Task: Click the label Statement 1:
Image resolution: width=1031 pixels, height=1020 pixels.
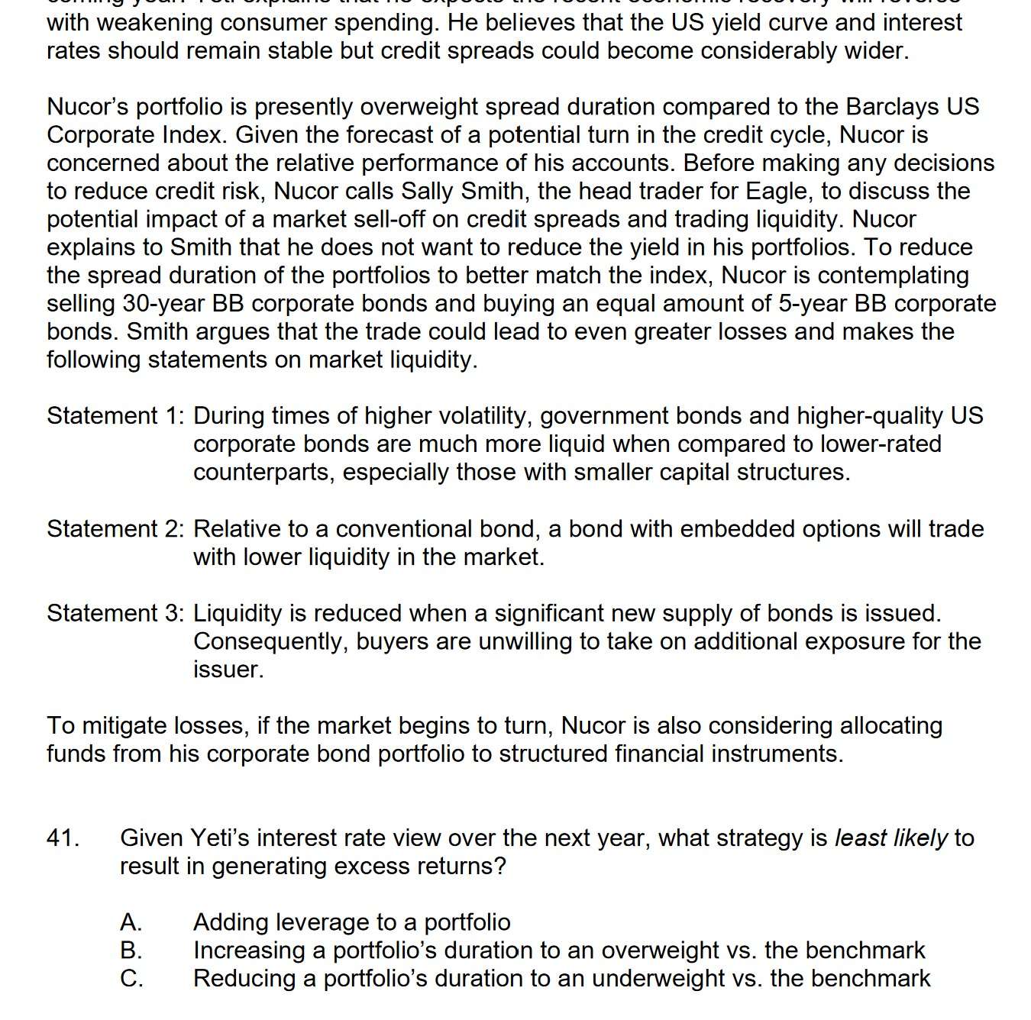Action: point(115,416)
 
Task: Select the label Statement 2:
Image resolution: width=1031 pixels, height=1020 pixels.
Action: point(115,529)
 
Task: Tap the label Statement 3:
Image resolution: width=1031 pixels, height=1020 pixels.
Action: point(115,614)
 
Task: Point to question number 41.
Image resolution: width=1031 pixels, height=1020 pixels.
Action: point(63,838)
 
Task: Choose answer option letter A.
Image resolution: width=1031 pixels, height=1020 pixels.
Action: point(131,922)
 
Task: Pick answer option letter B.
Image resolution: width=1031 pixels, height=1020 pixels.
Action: point(131,951)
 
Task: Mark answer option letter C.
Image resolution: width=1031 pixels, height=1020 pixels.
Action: point(131,979)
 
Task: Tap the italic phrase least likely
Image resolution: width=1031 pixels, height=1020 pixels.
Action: point(890,838)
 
